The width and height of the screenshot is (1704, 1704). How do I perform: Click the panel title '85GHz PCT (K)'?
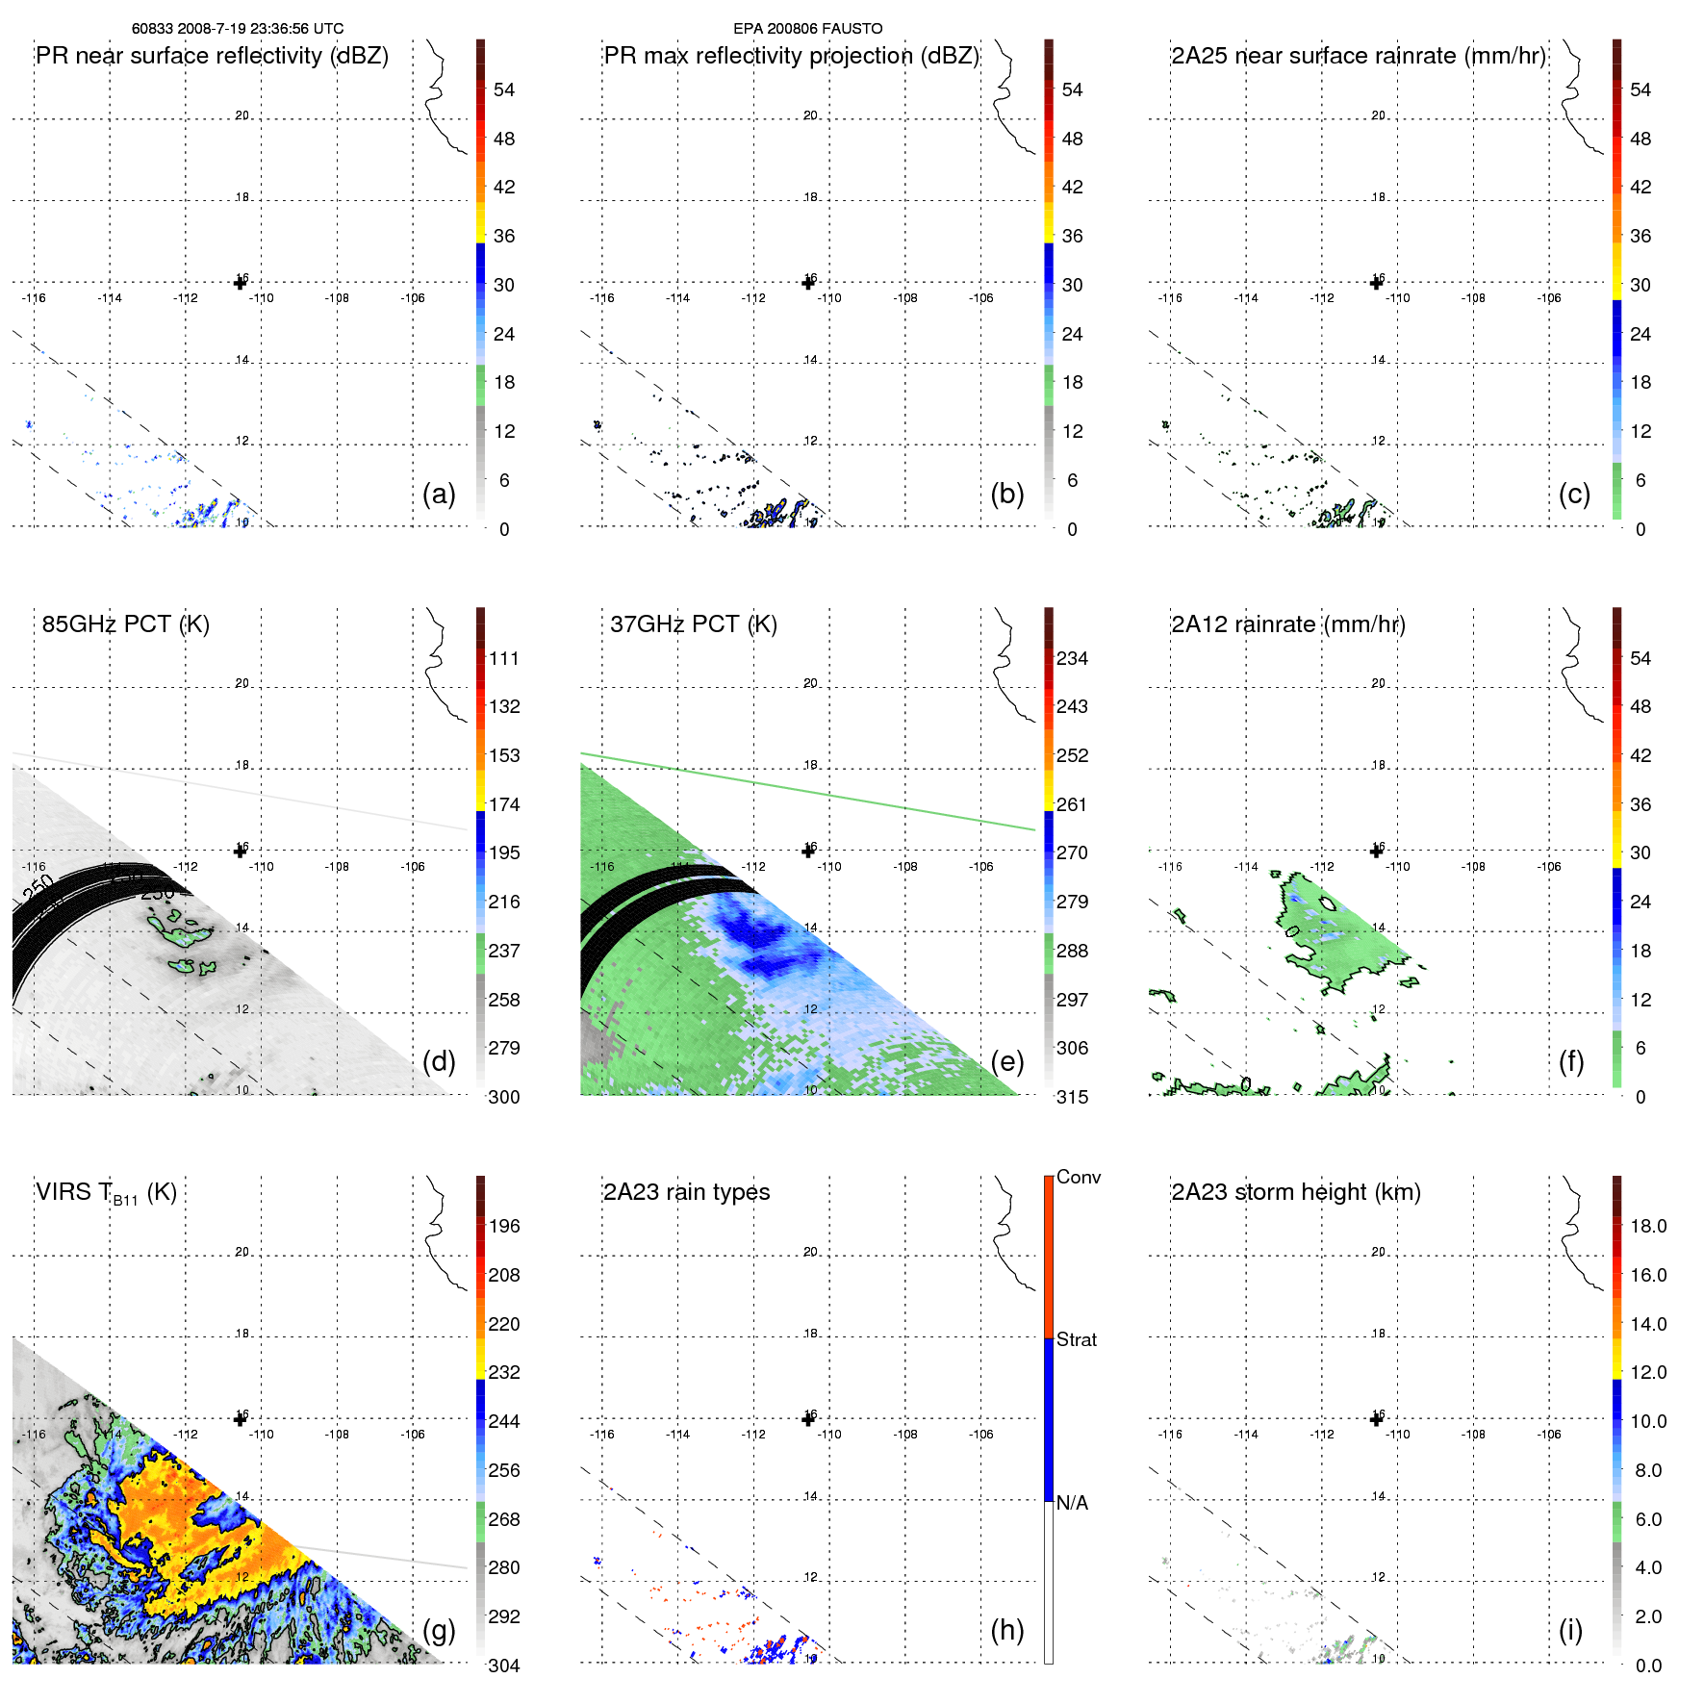[x=125, y=624]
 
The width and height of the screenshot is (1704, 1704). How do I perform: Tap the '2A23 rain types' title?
[x=686, y=1192]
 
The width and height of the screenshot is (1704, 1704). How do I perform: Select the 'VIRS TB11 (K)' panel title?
[x=106, y=1193]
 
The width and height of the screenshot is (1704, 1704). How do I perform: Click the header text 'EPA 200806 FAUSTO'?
[x=807, y=29]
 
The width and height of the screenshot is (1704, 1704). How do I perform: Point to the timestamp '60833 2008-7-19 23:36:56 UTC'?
[x=238, y=29]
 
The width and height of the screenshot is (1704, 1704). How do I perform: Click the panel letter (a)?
[x=439, y=494]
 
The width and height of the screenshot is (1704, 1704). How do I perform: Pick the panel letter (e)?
[x=1006, y=1061]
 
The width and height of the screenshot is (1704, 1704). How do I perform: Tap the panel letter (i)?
[x=1570, y=1630]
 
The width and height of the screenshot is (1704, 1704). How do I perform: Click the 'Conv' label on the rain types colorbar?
[x=1079, y=1178]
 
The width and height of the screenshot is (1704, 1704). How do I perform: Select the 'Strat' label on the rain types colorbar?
[x=1077, y=1340]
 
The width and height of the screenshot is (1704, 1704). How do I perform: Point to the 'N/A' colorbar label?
[x=1072, y=1503]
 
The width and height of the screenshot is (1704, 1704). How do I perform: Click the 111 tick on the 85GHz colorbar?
[x=503, y=659]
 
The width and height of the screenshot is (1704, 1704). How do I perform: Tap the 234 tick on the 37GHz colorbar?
[x=1072, y=659]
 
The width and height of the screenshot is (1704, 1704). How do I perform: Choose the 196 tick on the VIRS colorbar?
[x=503, y=1227]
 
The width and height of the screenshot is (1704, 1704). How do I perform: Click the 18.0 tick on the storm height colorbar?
[x=1648, y=1227]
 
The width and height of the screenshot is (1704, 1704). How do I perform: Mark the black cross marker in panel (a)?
[x=241, y=283]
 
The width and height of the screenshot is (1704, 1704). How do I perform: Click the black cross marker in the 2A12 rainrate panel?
[x=1377, y=851]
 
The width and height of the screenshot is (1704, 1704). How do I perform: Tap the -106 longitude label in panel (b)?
[x=980, y=298]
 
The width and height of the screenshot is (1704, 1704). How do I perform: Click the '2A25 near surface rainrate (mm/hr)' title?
[x=1358, y=56]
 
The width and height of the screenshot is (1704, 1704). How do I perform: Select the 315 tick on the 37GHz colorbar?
[x=1072, y=1098]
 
